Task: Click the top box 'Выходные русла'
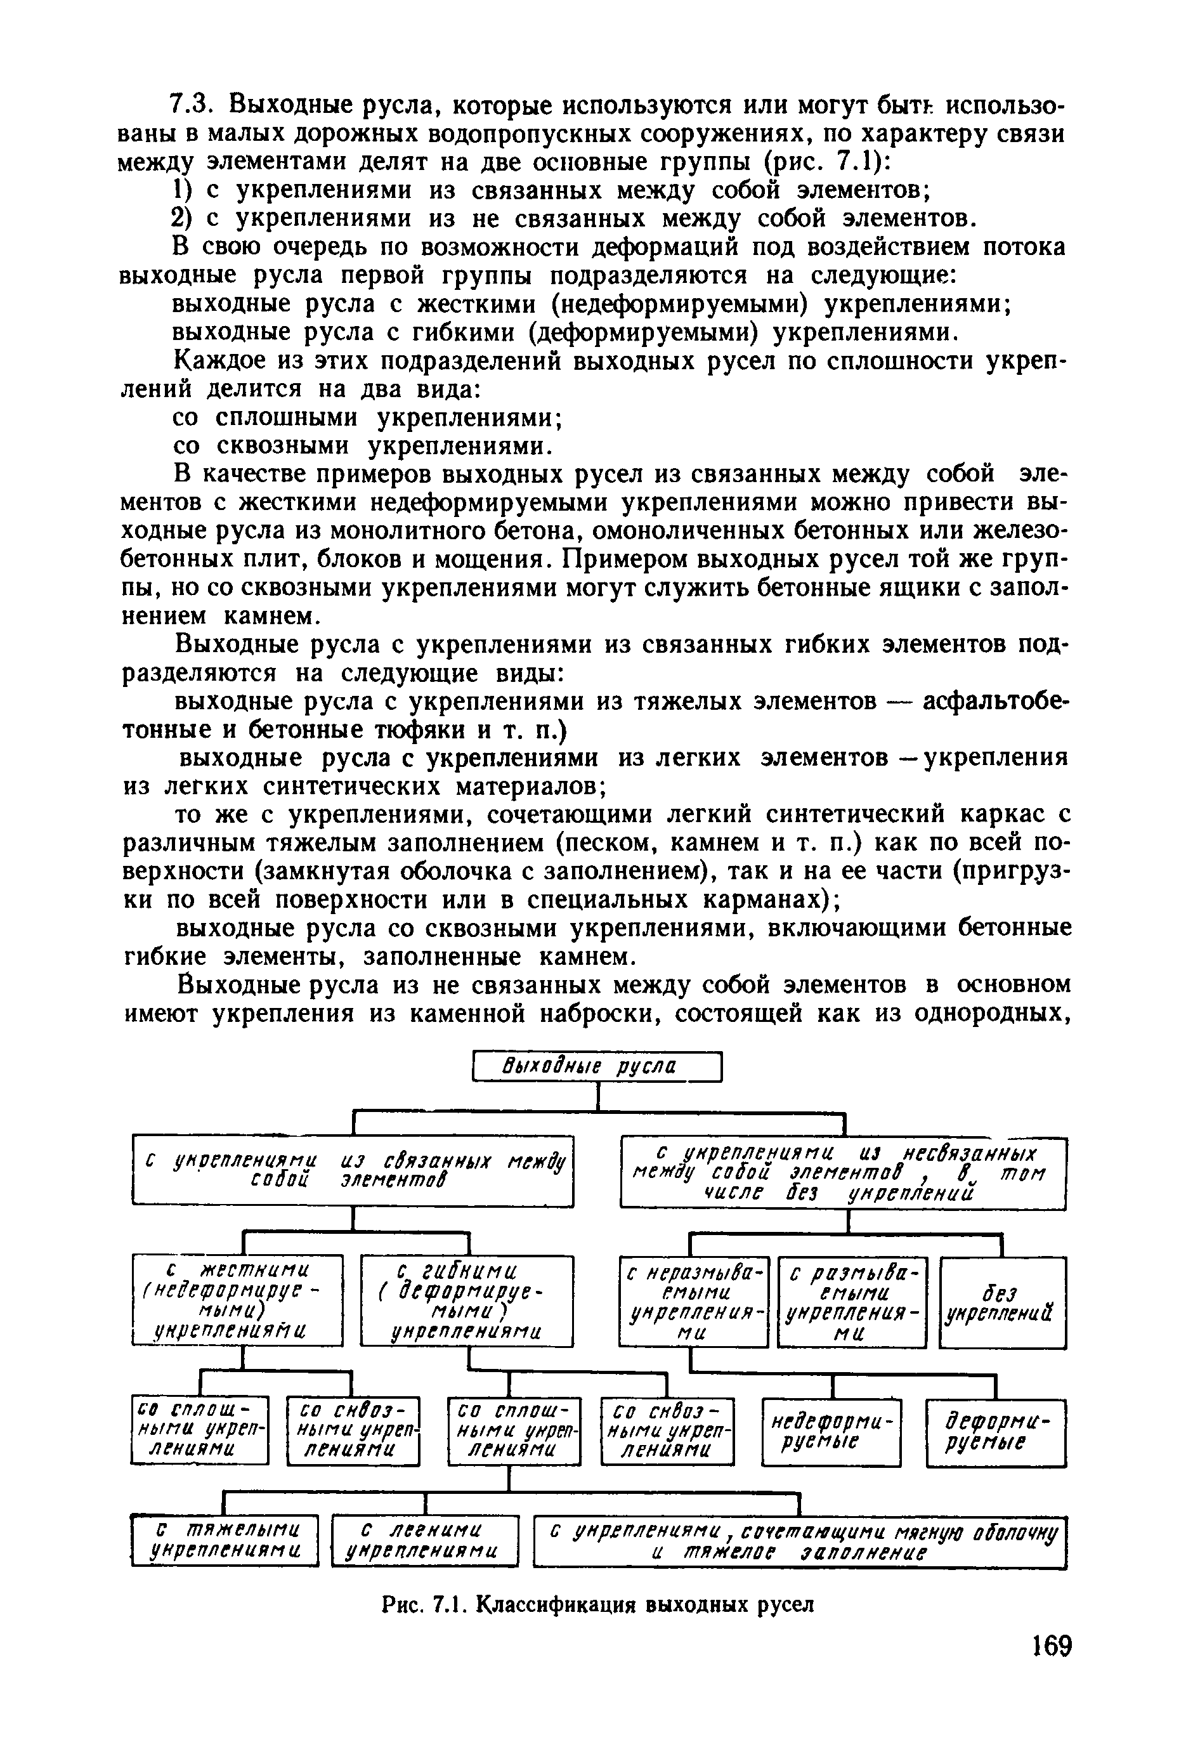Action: pyautogui.click(x=597, y=1067)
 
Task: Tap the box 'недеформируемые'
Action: pyautogui.click(x=831, y=1432)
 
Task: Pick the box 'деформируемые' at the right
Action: pyautogui.click(x=995, y=1432)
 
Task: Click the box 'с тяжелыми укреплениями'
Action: pyautogui.click(x=225, y=1541)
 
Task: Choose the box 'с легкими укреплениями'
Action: pyautogui.click(x=425, y=1541)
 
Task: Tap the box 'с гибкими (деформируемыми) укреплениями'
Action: pyautogui.click(x=466, y=1301)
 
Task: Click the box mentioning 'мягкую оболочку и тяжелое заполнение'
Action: pyautogui.click(x=800, y=1541)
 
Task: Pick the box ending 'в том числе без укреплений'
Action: pyautogui.click(x=843, y=1174)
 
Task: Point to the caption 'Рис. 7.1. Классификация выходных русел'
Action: pyautogui.click(x=597, y=1605)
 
